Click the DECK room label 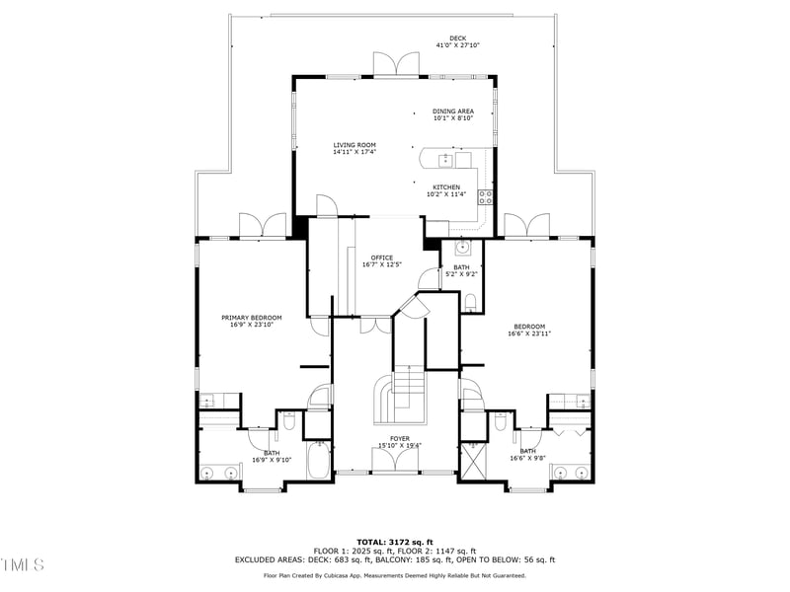coord(457,38)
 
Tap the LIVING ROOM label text coord(354,145)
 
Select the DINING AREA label coord(453,111)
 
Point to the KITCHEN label coord(445,187)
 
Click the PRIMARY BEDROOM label coord(251,318)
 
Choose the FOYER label coord(400,439)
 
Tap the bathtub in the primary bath coord(318,460)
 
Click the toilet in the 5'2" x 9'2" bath coord(470,301)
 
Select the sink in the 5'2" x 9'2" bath coord(461,247)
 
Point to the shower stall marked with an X coord(474,460)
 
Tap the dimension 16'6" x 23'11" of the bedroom coord(529,333)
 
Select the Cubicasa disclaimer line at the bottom coord(395,575)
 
